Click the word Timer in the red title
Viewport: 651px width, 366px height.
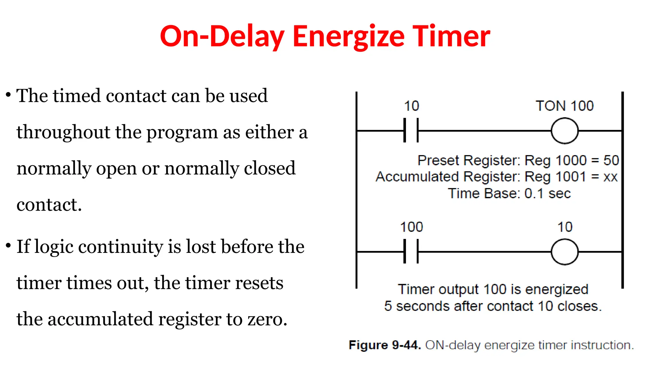pos(451,37)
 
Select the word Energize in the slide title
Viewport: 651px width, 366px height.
pos(348,37)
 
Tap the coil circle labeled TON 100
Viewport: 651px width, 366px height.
pos(565,131)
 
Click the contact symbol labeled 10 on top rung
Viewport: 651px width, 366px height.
pos(411,130)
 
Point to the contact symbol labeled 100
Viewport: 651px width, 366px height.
pos(411,252)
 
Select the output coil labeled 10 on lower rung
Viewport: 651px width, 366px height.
pos(565,252)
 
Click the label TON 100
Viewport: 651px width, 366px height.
pos(565,106)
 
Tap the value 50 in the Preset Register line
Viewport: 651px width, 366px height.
pos(611,160)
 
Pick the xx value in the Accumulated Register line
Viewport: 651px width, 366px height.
pos(610,177)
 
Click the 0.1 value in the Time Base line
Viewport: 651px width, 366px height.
pos(534,193)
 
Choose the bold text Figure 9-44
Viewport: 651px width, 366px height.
pos(385,345)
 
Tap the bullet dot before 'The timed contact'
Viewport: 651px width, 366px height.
pos(9,95)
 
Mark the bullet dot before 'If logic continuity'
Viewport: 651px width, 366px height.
pos(9,245)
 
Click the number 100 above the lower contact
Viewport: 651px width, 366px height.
pos(411,227)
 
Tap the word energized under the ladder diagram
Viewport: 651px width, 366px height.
pos(557,289)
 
